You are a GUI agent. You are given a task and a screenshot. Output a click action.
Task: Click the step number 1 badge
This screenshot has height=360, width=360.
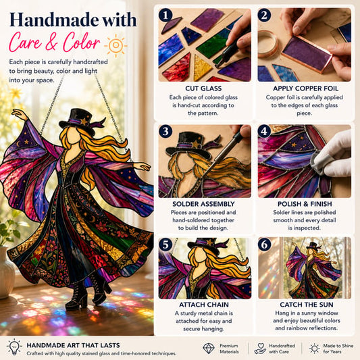[x=165, y=15]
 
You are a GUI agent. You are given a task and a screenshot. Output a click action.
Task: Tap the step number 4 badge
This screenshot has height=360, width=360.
[x=264, y=131]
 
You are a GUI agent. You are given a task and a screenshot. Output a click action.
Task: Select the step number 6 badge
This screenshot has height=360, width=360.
[x=264, y=245]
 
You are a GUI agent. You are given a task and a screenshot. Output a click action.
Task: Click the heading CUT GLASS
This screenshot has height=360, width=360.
[x=203, y=88]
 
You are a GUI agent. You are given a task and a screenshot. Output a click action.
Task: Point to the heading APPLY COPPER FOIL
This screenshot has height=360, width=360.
[x=305, y=88]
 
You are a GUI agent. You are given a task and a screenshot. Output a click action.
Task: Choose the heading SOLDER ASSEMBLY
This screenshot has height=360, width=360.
[x=203, y=204]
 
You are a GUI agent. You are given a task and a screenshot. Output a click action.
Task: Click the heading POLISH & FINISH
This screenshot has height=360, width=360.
[x=305, y=204]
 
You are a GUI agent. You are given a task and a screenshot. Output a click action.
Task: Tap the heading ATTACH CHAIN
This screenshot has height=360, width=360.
[x=204, y=305]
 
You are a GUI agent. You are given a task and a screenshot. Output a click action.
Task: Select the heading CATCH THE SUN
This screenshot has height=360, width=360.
[x=307, y=305]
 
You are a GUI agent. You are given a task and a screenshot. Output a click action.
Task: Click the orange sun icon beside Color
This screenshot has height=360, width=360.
[x=115, y=45]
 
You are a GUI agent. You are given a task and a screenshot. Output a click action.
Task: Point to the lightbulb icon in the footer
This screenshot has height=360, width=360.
[x=14, y=346]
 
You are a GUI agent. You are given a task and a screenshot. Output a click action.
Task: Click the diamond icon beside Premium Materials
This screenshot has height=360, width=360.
[x=209, y=349]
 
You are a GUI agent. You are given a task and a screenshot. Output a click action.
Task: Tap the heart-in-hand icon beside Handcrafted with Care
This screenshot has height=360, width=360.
[x=260, y=349]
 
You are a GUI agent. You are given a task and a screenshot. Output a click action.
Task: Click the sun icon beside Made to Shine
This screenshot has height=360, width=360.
[x=314, y=349]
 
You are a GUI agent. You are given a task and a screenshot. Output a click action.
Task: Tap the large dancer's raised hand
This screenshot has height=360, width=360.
[x=19, y=113]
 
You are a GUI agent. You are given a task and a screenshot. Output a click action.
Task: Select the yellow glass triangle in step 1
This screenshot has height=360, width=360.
[x=202, y=68]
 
